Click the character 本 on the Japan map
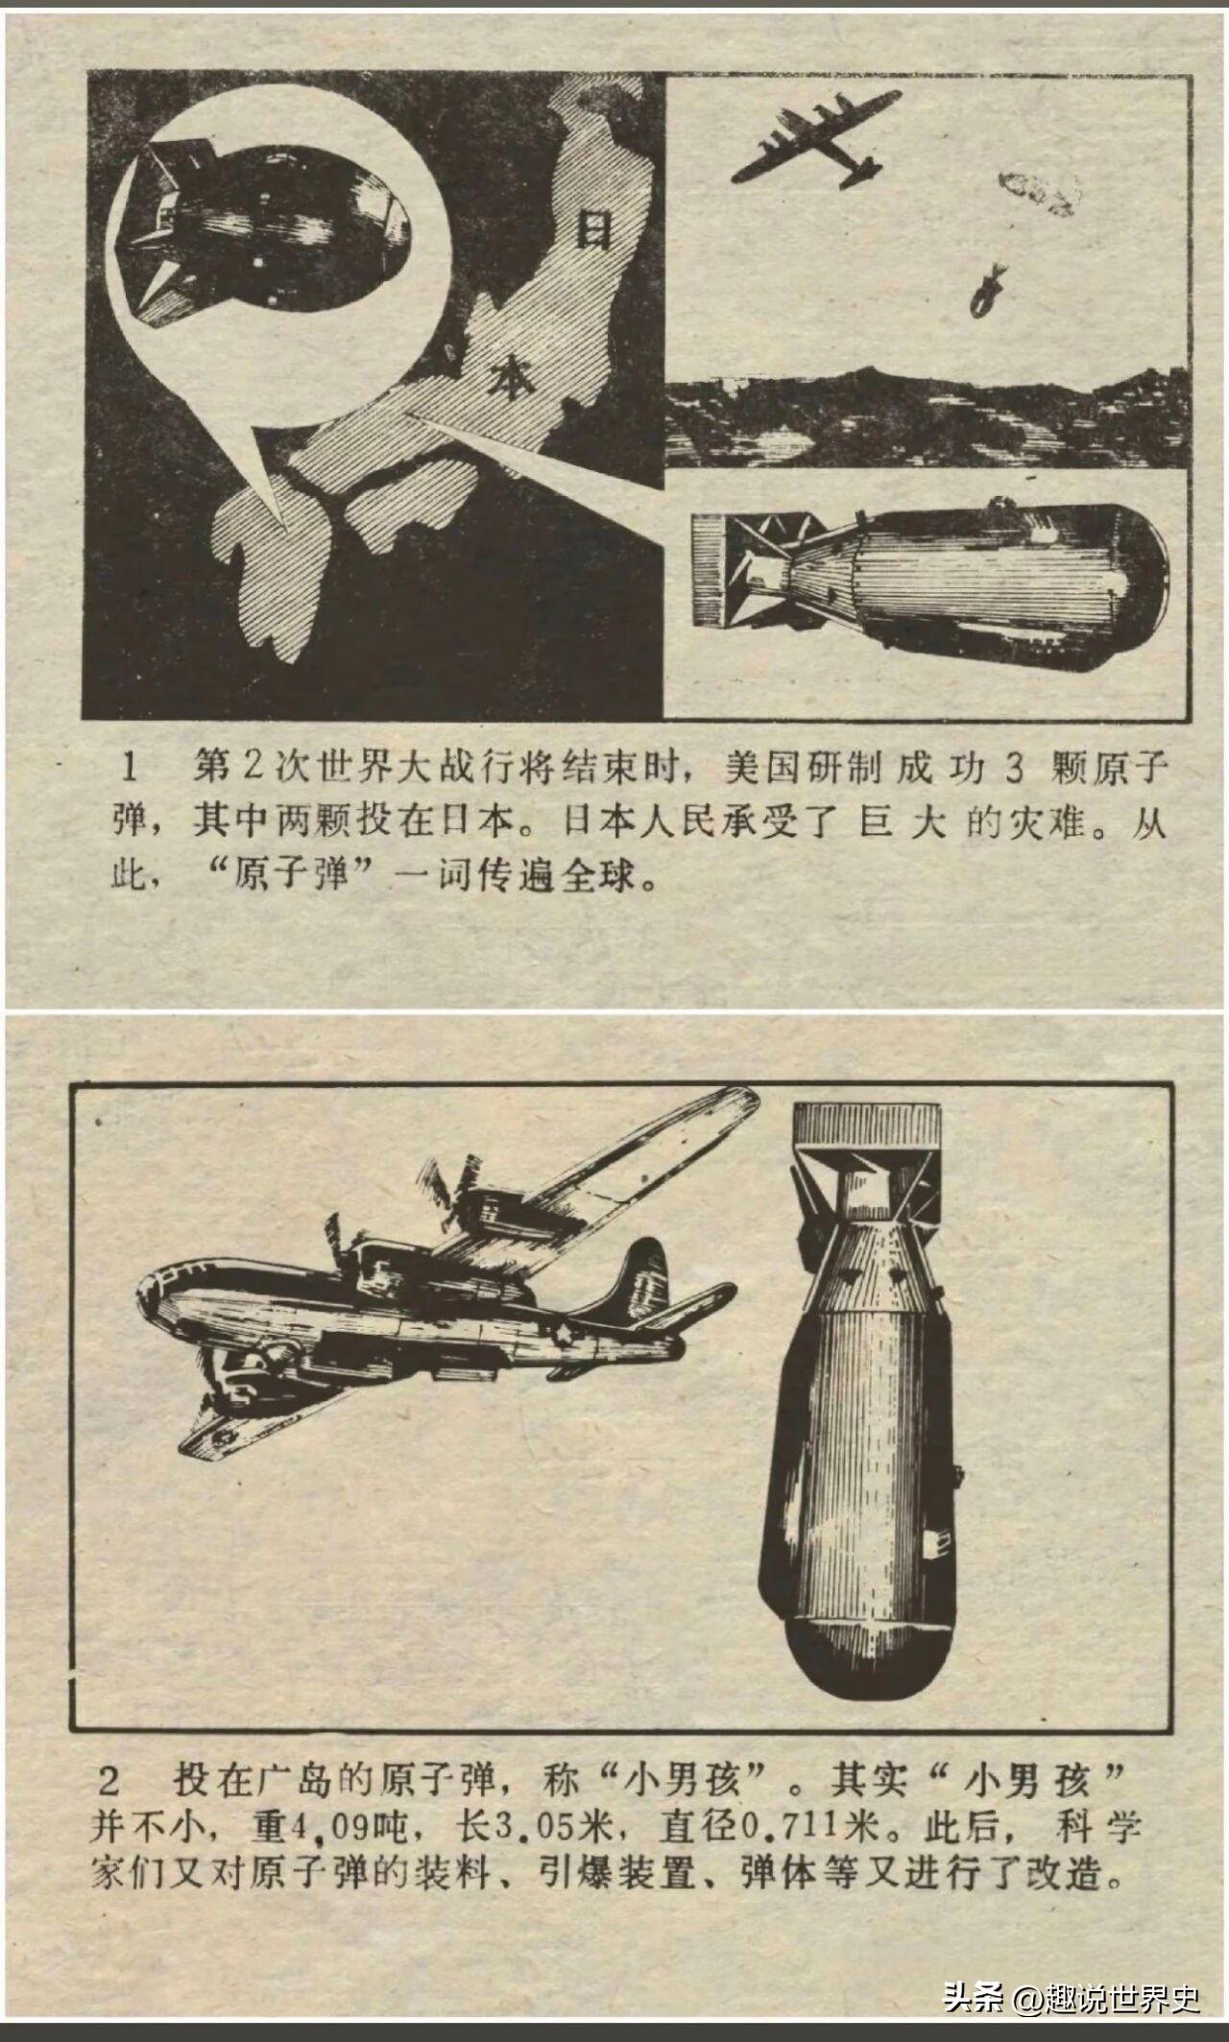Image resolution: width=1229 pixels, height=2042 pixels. click(511, 377)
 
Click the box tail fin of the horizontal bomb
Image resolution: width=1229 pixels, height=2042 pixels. click(711, 568)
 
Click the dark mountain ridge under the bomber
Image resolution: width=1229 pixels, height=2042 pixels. click(927, 417)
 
